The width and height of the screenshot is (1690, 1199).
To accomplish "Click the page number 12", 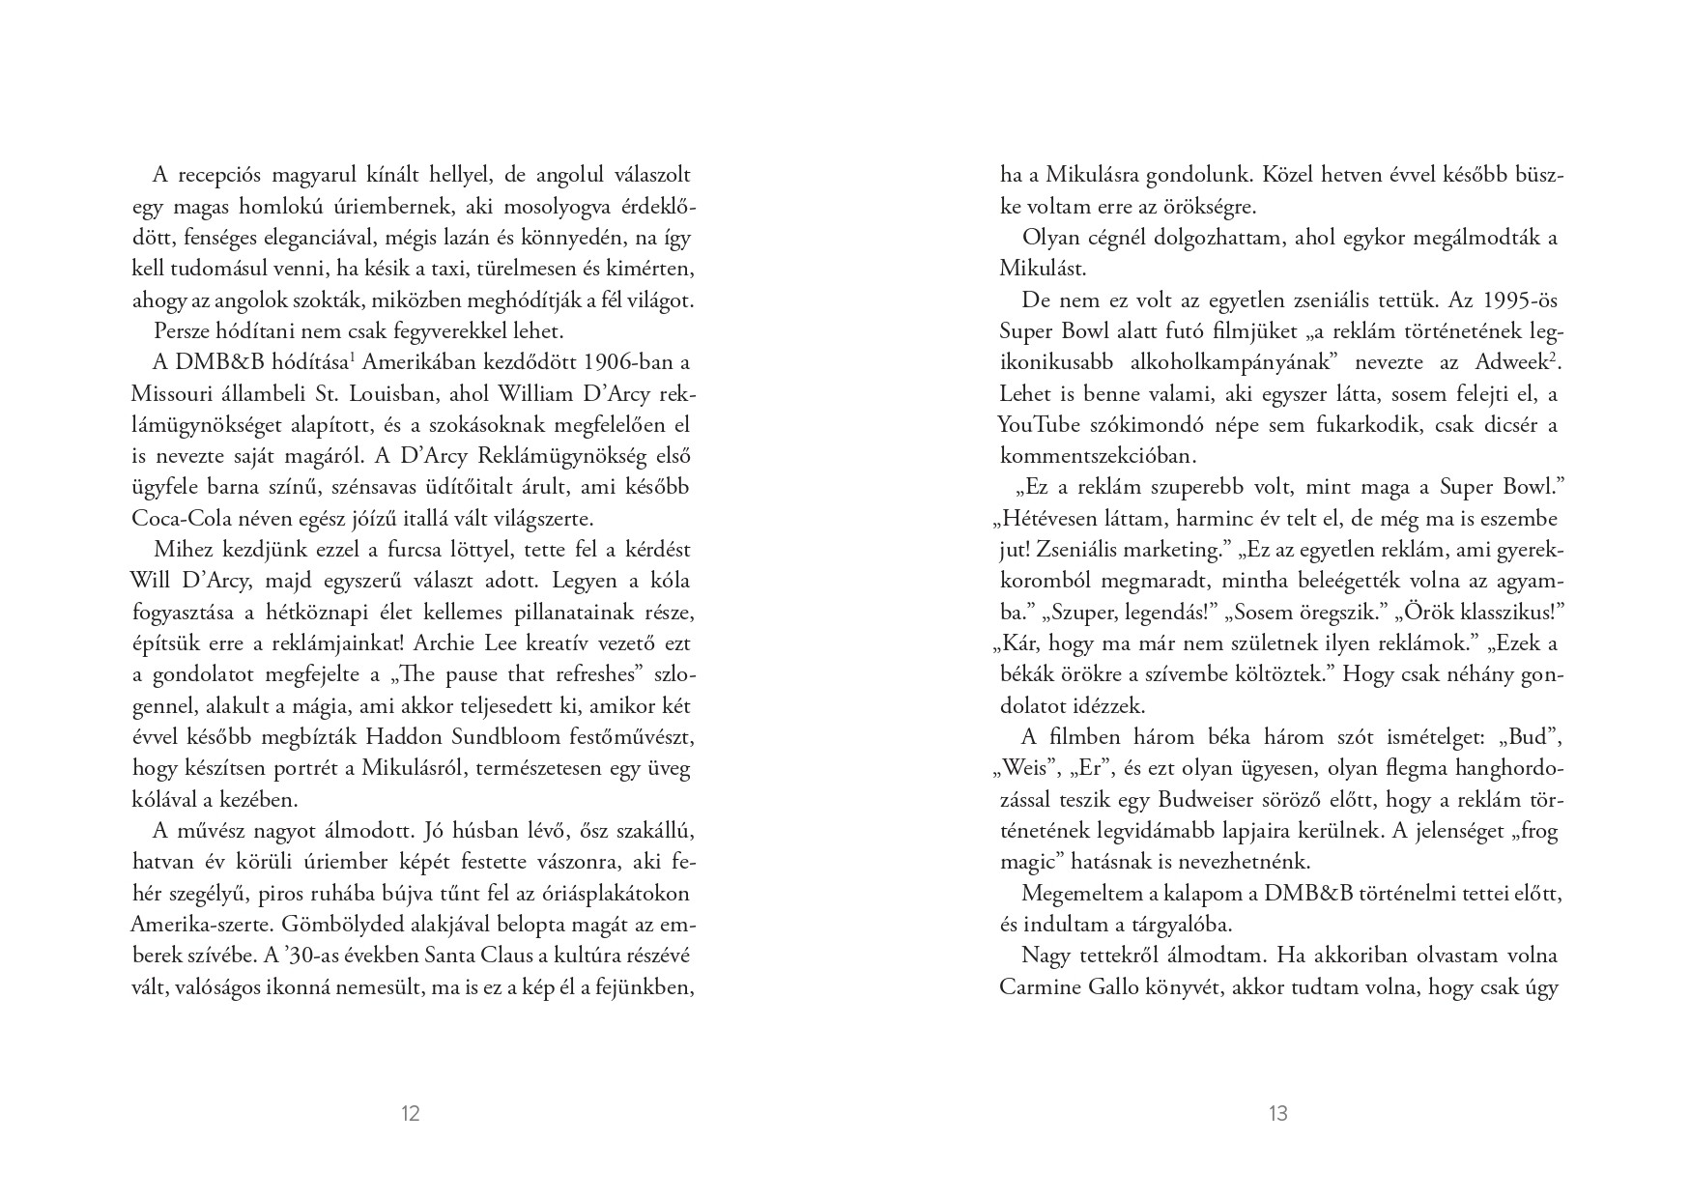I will (410, 1114).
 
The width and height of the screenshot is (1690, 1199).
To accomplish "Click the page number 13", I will (1277, 1114).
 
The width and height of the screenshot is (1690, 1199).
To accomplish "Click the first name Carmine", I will (1039, 986).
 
